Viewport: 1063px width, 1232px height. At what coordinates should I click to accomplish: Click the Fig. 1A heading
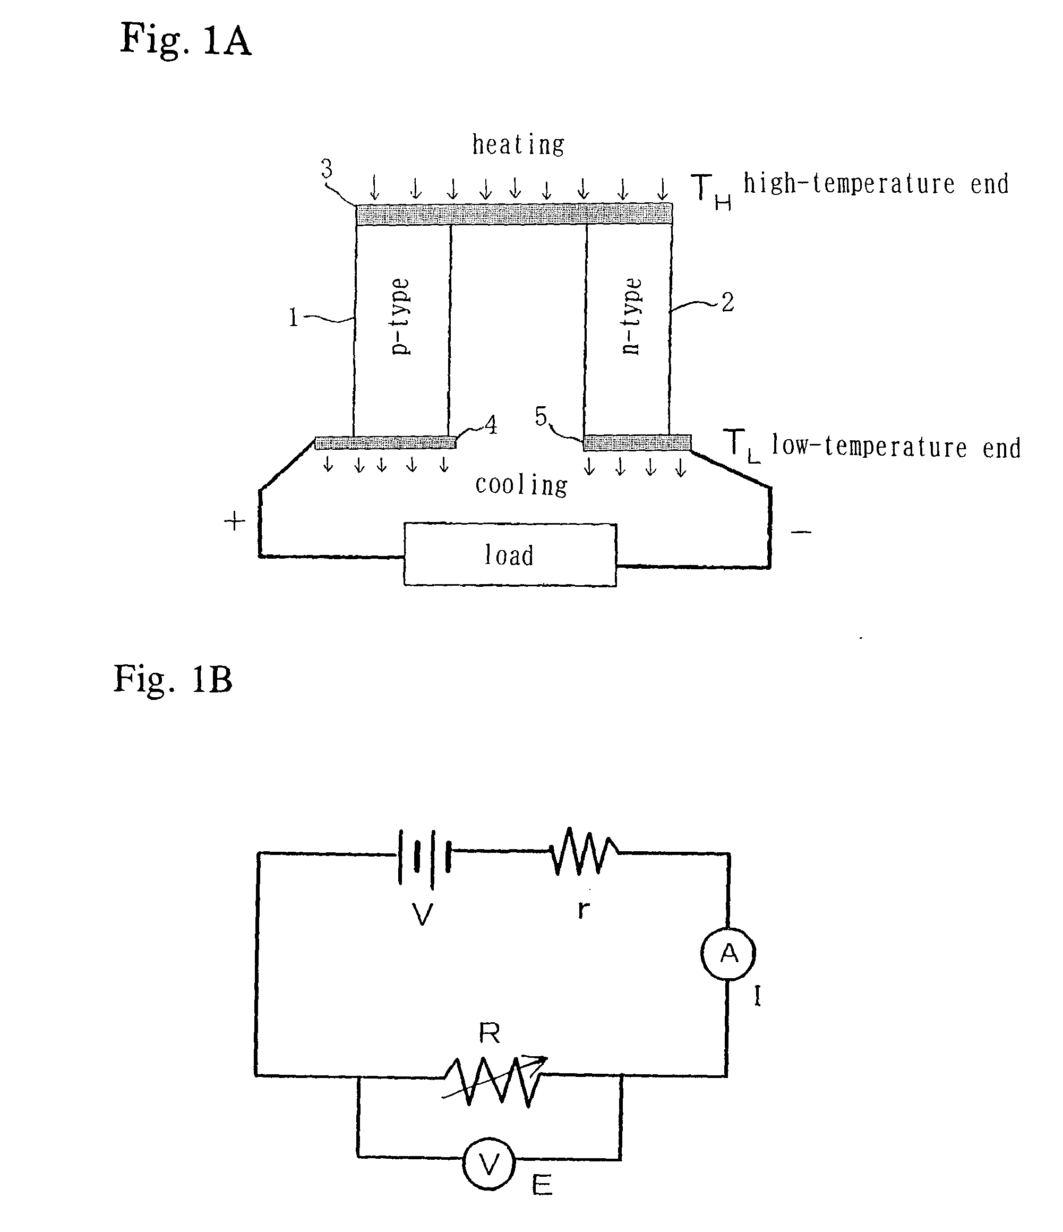[x=185, y=40]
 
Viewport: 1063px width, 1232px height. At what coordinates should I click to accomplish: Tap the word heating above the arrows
[x=518, y=144]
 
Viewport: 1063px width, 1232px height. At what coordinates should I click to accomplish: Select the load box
[x=510, y=555]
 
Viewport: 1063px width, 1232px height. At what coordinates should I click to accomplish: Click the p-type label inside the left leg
[x=400, y=316]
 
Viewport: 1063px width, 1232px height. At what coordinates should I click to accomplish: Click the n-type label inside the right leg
[x=631, y=316]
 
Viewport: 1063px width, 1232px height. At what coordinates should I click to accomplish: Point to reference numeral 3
[x=327, y=169]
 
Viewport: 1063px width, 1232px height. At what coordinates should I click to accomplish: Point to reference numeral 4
[x=491, y=424]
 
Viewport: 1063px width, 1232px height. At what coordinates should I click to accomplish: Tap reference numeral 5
[x=541, y=416]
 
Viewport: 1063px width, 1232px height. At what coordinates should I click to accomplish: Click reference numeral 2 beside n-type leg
[x=727, y=303]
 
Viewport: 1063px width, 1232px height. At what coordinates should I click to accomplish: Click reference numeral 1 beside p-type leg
[x=293, y=318]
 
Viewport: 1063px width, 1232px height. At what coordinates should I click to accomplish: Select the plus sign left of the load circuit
[x=234, y=521]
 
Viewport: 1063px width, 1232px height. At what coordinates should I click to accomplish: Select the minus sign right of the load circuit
[x=801, y=532]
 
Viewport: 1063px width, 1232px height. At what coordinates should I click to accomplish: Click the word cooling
[x=521, y=485]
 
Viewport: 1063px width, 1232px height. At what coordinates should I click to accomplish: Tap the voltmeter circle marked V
[x=488, y=1165]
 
